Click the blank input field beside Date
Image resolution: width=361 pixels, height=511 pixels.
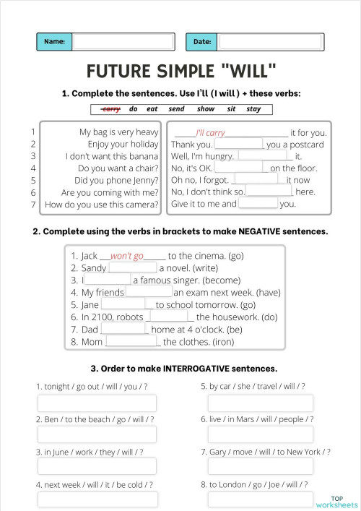269,42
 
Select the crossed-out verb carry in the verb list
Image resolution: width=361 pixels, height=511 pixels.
111,109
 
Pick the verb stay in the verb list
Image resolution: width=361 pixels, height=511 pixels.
253,109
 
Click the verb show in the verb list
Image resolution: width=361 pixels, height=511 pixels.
206,109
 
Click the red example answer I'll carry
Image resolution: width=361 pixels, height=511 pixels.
211,133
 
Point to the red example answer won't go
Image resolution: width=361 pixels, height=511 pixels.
127,256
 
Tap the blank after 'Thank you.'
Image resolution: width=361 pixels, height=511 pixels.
239,144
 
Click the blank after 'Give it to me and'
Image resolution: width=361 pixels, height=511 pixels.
258,203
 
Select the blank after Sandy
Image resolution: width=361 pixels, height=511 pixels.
132,267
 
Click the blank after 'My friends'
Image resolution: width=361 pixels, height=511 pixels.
149,292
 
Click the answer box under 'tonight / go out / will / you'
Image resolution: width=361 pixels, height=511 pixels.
97,403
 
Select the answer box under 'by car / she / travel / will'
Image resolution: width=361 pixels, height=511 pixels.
261,403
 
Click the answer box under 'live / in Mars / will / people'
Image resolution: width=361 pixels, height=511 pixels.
261,434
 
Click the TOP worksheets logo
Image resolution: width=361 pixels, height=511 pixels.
336,501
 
